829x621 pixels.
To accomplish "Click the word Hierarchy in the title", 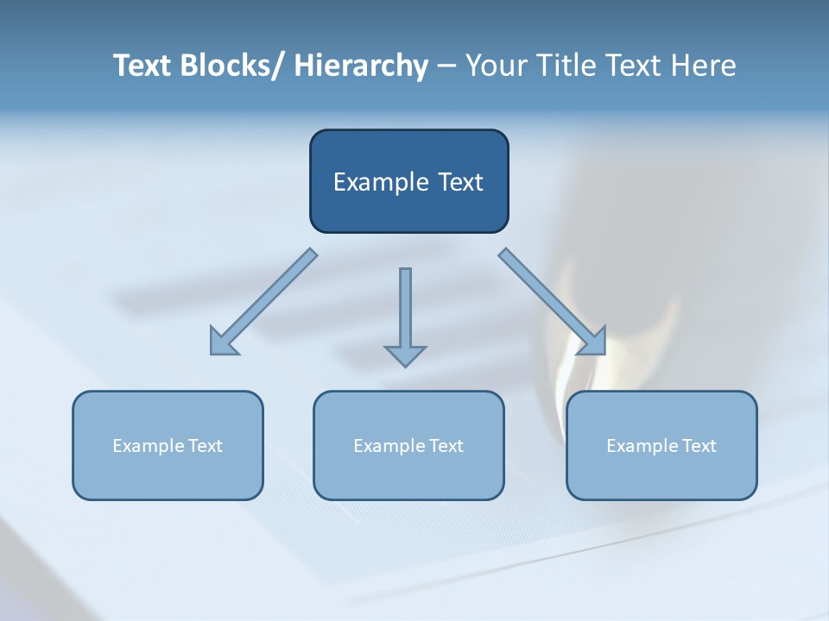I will (361, 66).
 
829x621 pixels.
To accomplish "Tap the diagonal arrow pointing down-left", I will (264, 302).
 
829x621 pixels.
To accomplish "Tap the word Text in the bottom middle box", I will (447, 446).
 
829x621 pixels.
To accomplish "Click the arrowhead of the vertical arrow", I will (405, 355).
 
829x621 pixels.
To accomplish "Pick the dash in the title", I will (446, 66).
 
